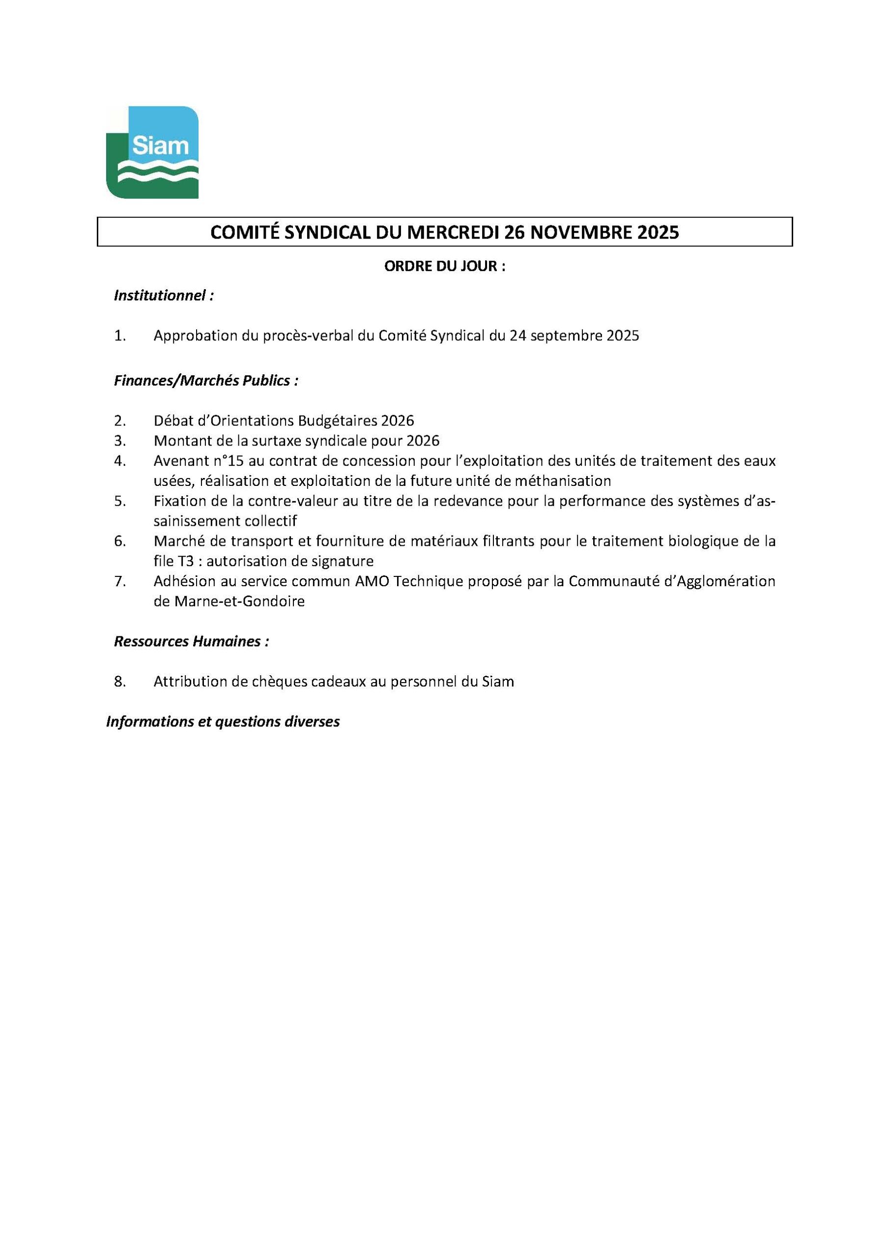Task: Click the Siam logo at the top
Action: point(152,152)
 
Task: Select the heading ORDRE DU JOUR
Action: point(444,267)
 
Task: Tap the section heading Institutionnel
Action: point(163,296)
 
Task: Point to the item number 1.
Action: point(119,336)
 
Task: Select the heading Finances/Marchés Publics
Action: point(206,381)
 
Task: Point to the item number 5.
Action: point(119,501)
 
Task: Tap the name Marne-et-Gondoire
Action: point(239,601)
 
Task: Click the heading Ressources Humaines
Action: point(191,642)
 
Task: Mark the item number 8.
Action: point(119,682)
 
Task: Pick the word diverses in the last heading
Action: point(312,721)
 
